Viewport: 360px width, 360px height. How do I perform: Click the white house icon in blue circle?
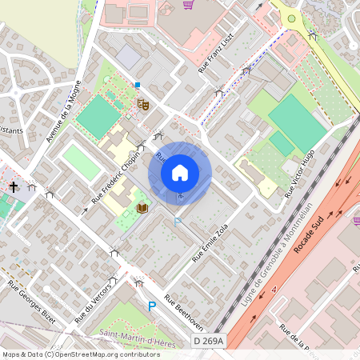click(x=180, y=173)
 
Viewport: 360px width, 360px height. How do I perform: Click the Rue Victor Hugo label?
click(x=301, y=174)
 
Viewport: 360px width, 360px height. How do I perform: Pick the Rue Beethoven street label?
click(x=184, y=312)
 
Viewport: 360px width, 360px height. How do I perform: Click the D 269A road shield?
click(x=209, y=342)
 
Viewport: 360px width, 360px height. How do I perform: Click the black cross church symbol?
click(x=14, y=187)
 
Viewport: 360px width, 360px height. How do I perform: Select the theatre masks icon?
click(x=143, y=103)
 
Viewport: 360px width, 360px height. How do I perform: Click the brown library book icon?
click(x=142, y=209)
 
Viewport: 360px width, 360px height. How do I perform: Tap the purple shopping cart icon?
click(x=188, y=5)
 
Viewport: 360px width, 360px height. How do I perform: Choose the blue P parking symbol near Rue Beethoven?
click(x=151, y=306)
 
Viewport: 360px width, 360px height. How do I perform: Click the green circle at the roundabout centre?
click(x=291, y=18)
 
